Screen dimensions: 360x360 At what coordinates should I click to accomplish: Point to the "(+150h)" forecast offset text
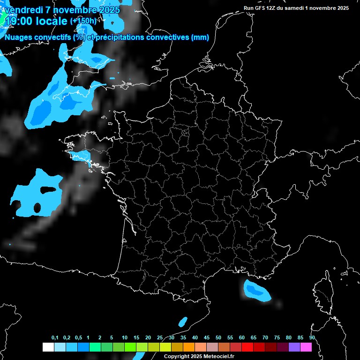(83, 21)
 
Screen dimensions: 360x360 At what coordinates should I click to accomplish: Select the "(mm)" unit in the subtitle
(200, 37)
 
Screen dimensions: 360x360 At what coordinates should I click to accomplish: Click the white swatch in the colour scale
(48, 347)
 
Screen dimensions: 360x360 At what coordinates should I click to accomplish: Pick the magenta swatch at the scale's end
(306, 347)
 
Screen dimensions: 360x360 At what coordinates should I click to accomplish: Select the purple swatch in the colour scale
(294, 347)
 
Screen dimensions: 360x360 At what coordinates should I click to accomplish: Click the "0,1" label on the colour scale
(55, 338)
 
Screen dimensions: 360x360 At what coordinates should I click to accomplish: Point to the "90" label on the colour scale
(312, 338)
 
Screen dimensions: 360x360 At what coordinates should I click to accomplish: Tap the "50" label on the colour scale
(218, 338)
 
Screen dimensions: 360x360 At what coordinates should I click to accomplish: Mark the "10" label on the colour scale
(125, 338)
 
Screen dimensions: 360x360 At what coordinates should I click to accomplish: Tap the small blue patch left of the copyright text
(183, 322)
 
